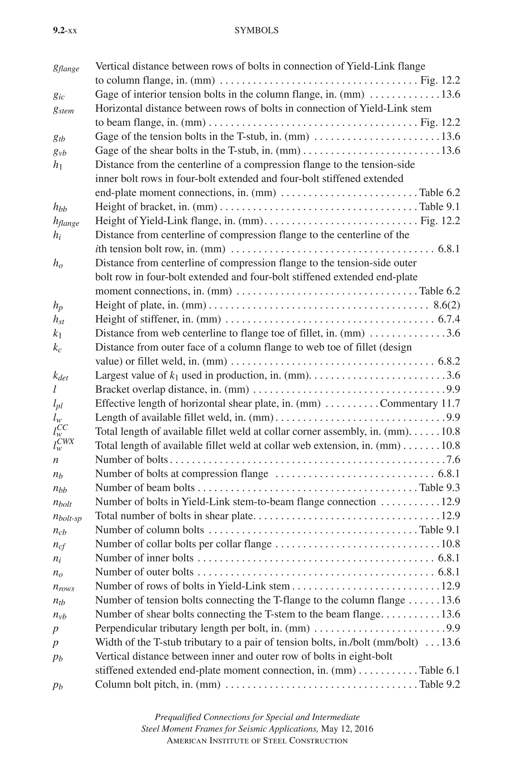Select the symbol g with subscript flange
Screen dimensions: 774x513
point(66,68)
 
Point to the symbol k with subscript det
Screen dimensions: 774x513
point(61,376)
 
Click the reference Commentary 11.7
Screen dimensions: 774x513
point(420,404)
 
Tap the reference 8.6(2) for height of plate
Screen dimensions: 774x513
point(447,305)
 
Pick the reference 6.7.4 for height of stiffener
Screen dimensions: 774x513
point(449,319)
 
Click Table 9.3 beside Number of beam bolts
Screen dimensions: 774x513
point(439,488)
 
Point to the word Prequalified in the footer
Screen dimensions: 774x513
point(178,726)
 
